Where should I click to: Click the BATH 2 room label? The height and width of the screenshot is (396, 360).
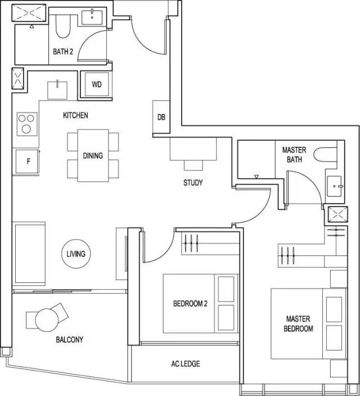[63, 52]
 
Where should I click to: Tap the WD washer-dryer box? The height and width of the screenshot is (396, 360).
[97, 84]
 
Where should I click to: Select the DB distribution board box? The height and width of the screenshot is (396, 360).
[161, 117]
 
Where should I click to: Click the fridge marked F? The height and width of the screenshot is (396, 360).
[28, 161]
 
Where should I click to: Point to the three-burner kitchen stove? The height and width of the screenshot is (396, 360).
[27, 124]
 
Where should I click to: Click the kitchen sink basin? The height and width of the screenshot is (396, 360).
[57, 90]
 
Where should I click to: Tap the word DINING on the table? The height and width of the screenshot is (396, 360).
[93, 156]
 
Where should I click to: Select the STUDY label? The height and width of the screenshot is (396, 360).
[193, 183]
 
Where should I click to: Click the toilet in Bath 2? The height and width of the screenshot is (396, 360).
[62, 26]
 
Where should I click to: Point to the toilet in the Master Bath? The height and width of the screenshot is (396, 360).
[325, 155]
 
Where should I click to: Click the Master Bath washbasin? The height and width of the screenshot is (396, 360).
[334, 186]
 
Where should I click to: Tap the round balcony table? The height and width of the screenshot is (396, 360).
[47, 320]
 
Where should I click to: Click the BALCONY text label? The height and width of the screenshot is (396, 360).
[70, 340]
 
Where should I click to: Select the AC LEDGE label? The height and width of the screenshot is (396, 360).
[186, 364]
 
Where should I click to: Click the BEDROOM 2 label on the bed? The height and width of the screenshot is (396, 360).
[190, 303]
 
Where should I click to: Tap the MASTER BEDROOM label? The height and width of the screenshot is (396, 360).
[298, 324]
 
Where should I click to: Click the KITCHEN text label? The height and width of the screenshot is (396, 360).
[75, 115]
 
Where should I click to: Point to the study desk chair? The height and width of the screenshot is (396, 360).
[193, 165]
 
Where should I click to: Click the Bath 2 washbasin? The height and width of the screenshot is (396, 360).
[92, 17]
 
